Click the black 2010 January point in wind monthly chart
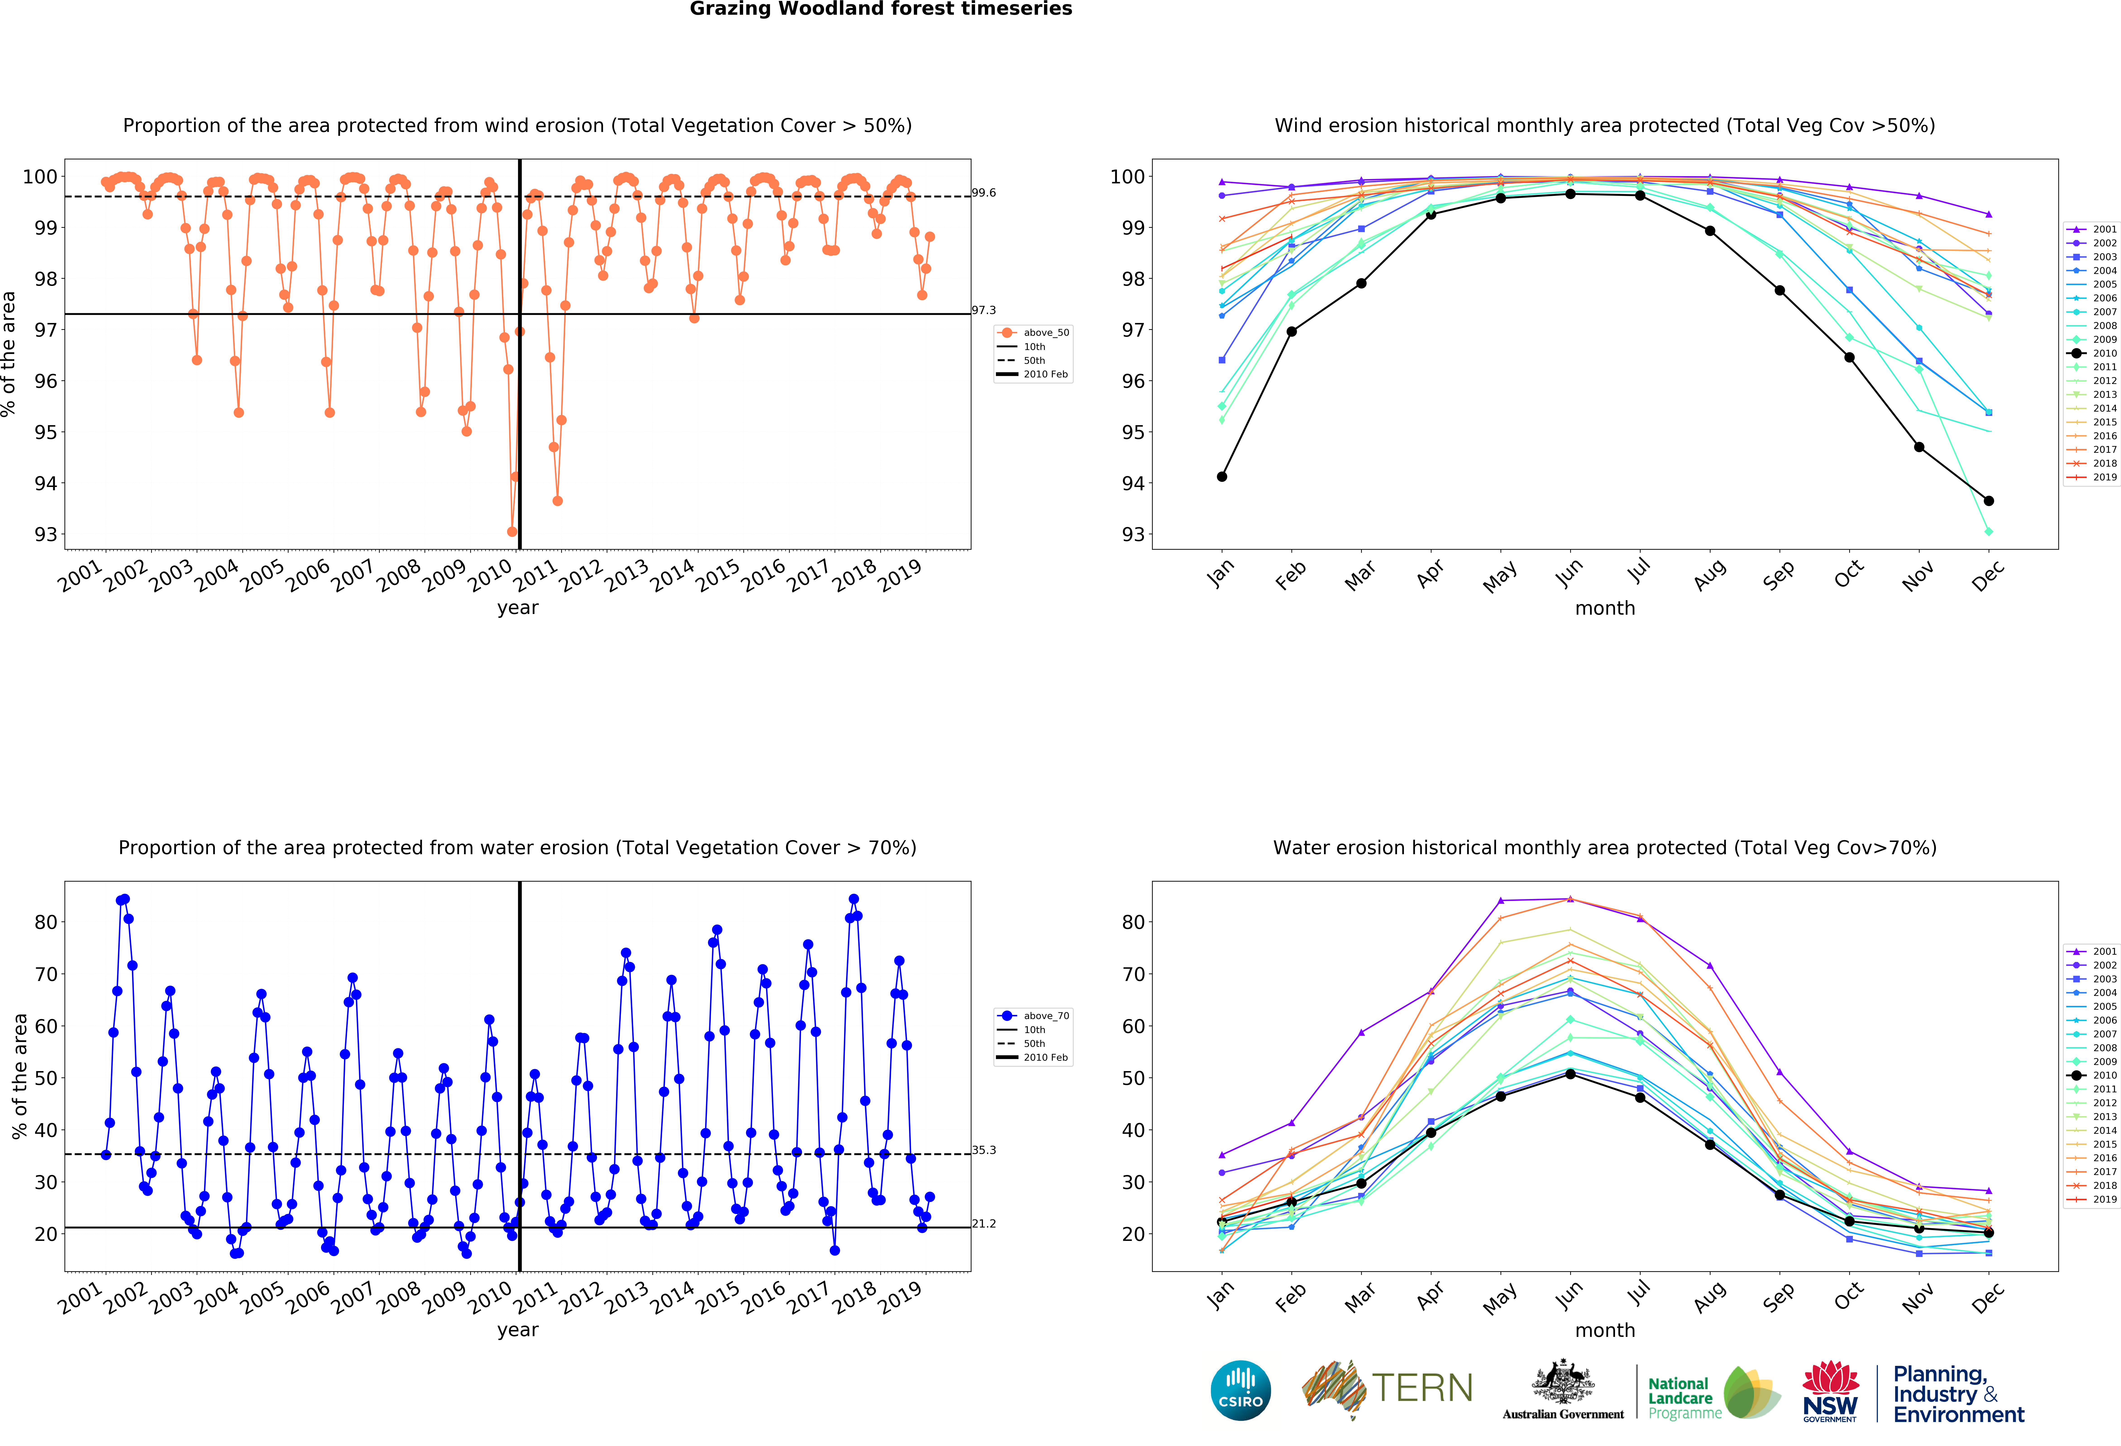click(1222, 477)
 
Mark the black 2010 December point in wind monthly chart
click(1989, 501)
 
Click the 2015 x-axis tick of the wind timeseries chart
click(718, 575)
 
